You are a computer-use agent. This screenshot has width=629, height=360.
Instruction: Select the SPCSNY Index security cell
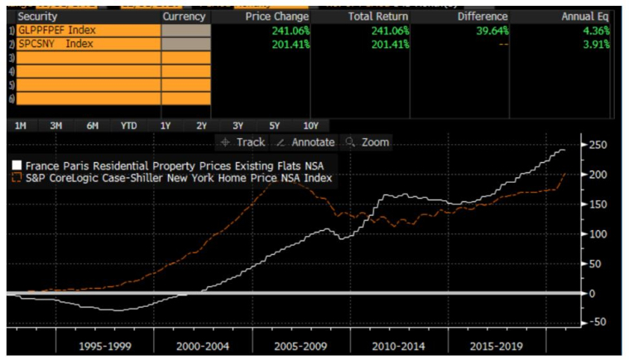click(55, 44)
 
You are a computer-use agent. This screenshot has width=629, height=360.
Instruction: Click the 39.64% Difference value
click(492, 30)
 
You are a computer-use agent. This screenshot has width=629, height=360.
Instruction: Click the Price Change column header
click(277, 16)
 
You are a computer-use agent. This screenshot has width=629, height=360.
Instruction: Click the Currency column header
click(184, 16)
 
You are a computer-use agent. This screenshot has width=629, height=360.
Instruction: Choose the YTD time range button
click(128, 126)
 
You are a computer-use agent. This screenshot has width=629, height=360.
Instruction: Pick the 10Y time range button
click(310, 126)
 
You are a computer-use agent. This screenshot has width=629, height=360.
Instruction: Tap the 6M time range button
click(92, 126)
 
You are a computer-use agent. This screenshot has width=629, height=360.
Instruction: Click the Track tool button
click(244, 142)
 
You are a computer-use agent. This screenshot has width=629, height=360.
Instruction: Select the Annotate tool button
click(306, 142)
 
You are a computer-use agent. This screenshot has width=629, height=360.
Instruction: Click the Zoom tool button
click(368, 142)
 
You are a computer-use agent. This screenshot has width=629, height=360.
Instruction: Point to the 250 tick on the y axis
click(596, 146)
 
